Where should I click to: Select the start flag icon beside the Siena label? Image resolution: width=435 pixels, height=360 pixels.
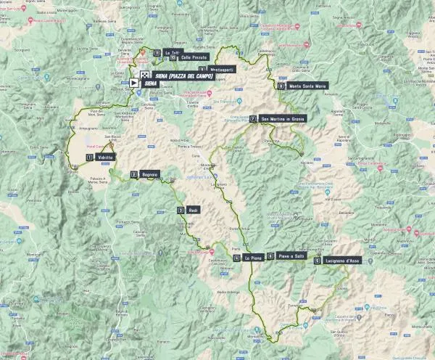[134, 83]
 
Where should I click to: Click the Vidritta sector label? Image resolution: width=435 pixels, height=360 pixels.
[105, 157]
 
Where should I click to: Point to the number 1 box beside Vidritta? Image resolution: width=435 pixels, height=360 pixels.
[89, 157]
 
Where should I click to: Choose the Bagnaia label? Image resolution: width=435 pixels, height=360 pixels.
[150, 174]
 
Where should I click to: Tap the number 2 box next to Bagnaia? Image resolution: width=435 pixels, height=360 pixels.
[133, 174]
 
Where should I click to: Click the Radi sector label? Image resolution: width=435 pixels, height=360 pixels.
[193, 210]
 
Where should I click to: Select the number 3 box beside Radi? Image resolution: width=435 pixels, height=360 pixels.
[181, 210]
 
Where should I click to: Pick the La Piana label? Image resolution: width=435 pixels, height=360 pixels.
[253, 258]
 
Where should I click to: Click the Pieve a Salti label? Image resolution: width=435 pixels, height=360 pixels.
[290, 256]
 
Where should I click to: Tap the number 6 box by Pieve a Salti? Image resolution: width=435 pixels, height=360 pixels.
[270, 256]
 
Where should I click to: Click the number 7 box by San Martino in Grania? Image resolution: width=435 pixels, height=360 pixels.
[252, 119]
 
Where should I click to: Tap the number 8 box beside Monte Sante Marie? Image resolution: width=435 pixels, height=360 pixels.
[281, 86]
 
